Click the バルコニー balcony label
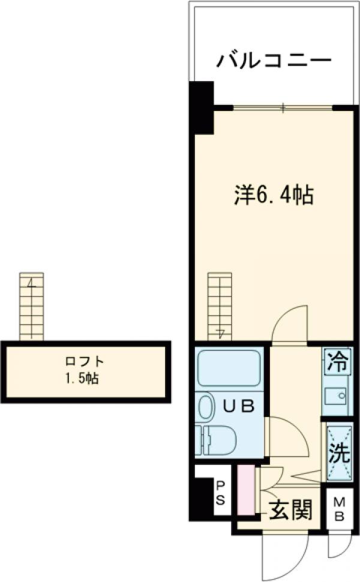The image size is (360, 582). click(x=274, y=61)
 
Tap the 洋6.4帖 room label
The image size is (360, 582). click(x=273, y=196)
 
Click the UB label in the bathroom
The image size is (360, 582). click(x=239, y=406)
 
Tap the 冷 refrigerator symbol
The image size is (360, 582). click(x=338, y=362)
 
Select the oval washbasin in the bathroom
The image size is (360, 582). click(x=206, y=407)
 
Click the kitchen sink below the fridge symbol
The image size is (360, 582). click(x=337, y=397)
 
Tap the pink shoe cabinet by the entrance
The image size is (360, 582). click(x=245, y=490)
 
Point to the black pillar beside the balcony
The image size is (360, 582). click(x=202, y=108)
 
